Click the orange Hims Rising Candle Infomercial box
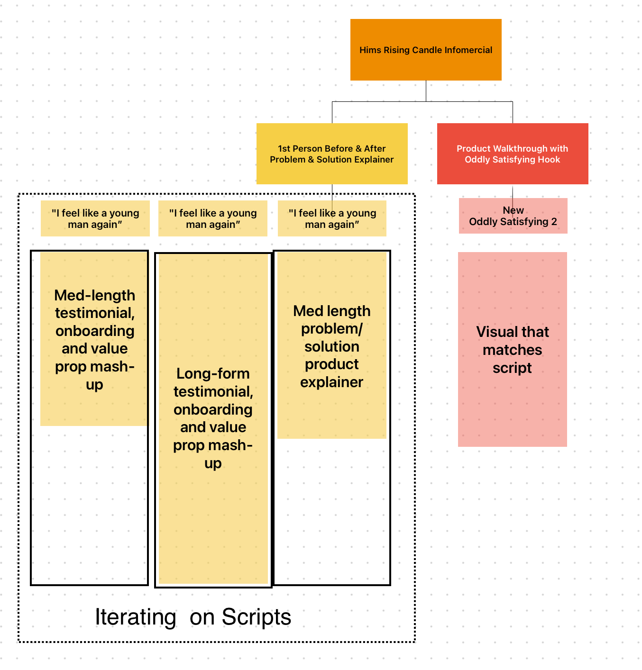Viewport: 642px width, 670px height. coord(426,50)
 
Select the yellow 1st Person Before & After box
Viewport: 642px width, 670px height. coord(332,154)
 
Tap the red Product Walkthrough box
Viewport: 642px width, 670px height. coord(513,154)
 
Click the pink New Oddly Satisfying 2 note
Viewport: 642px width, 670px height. coord(513,216)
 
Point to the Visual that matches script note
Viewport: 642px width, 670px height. coord(513,350)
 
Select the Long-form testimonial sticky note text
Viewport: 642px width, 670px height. coord(213,418)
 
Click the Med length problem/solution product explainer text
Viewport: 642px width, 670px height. coord(332,346)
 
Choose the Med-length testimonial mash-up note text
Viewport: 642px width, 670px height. coord(95,340)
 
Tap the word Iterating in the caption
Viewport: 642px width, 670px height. coord(136,616)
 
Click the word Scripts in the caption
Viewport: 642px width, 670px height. coord(257,616)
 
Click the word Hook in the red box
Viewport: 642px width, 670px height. coord(550,159)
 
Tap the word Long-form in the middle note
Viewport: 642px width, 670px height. coord(213,373)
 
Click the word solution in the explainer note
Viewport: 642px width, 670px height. coord(332,346)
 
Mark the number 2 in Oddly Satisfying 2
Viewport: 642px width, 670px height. coord(554,221)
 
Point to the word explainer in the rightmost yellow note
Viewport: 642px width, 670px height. coord(331,382)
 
